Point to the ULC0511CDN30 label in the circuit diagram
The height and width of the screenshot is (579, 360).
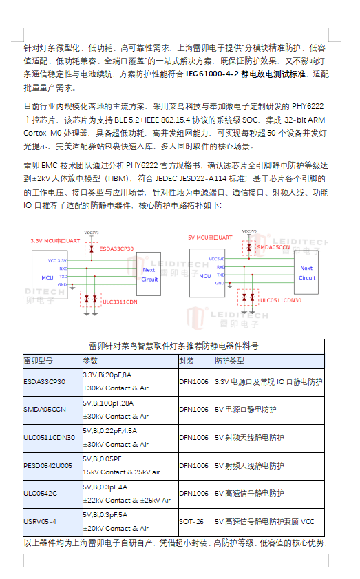[280, 300]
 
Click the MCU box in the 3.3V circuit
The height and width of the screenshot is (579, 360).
[47, 277]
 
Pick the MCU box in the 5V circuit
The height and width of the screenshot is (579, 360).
[205, 275]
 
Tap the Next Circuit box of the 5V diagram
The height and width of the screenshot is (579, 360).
[306, 273]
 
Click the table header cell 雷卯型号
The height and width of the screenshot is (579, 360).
[39, 361]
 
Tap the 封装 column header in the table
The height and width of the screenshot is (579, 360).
[187, 361]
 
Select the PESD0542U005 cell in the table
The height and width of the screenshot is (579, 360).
[47, 465]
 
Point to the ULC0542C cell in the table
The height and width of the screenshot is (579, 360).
[40, 494]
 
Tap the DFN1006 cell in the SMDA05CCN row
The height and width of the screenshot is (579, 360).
[193, 409]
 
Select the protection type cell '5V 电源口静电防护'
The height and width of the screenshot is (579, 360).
[246, 409]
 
